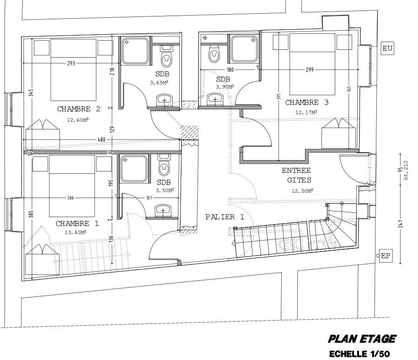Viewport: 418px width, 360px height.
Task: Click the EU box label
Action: coord(387,48)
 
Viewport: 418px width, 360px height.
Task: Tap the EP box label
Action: coord(386,256)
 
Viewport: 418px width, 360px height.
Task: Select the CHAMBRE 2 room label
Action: coord(79,109)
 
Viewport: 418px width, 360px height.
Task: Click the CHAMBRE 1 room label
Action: coord(77,224)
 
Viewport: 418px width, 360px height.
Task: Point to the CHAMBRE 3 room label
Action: coord(307,102)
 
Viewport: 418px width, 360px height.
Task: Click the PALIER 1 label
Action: coord(225,217)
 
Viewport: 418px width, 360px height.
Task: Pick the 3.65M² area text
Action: coord(159,83)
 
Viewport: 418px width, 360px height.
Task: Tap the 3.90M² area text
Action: coord(225,86)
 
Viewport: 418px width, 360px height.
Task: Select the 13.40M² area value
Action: coord(75,232)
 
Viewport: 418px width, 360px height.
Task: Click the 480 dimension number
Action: coord(102,140)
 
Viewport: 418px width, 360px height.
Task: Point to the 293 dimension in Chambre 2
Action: coord(71,63)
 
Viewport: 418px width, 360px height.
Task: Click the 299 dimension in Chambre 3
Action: coord(310,70)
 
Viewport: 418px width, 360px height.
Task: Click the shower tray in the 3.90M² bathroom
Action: coord(244,49)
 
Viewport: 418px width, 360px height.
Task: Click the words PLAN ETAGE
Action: coord(362,339)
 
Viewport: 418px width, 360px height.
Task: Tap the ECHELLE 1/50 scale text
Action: coord(359,354)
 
